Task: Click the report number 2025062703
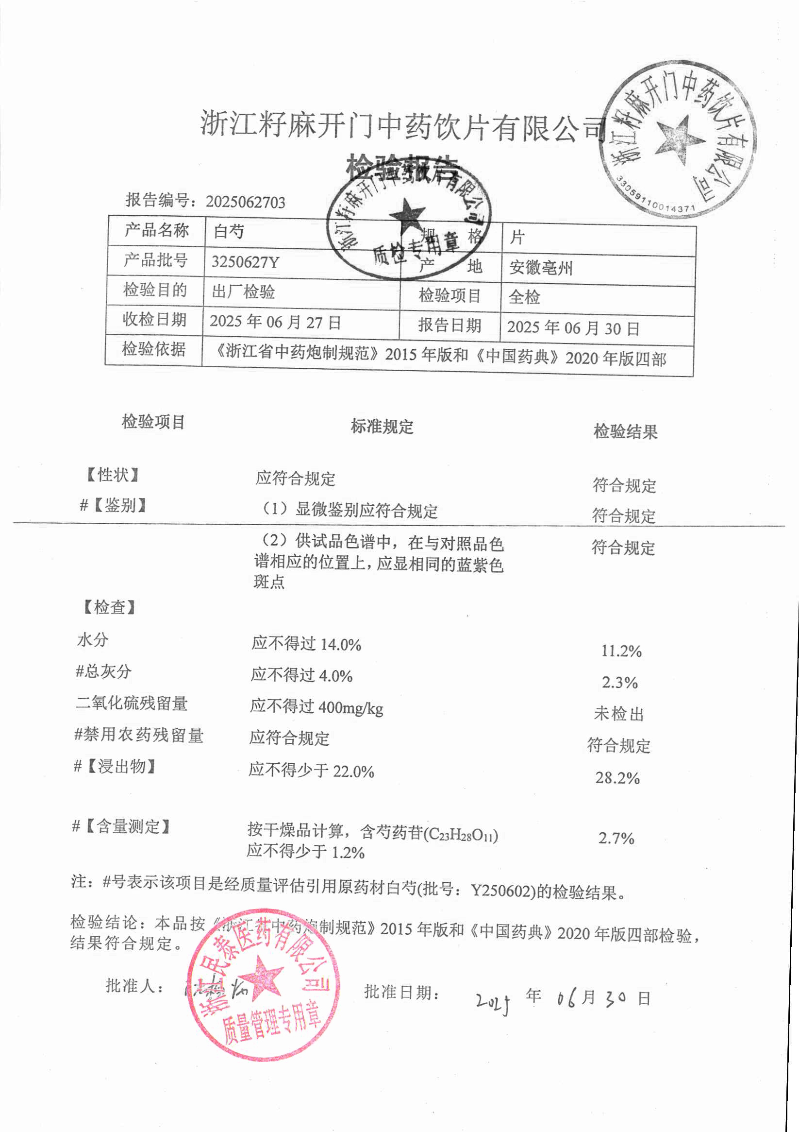tap(245, 202)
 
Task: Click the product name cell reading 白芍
tap(229, 231)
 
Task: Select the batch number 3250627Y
tap(245, 262)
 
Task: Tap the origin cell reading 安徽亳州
tap(540, 268)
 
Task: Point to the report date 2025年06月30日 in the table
tap(573, 328)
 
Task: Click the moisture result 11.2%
tap(621, 652)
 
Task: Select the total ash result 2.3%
tap(619, 683)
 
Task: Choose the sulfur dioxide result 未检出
tap(619, 714)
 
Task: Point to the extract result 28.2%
tap(617, 778)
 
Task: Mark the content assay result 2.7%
tap(616, 839)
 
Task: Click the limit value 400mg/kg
tap(350, 708)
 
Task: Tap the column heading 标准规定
tap(382, 427)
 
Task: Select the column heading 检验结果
tap(625, 432)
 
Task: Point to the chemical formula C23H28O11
tap(461, 835)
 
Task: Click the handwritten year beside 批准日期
tap(493, 1001)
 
